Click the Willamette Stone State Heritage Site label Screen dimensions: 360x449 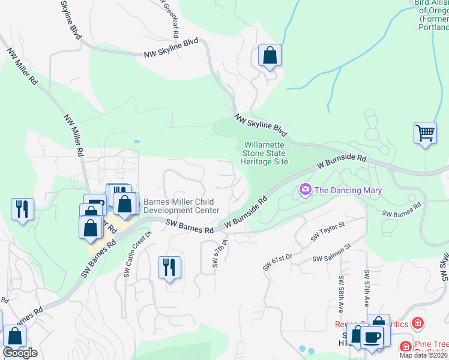[265, 154]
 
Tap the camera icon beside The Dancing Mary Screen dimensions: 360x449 [306, 190]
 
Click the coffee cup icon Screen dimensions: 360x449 [372, 336]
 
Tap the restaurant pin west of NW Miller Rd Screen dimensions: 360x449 [22, 209]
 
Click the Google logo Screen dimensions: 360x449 [20, 353]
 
